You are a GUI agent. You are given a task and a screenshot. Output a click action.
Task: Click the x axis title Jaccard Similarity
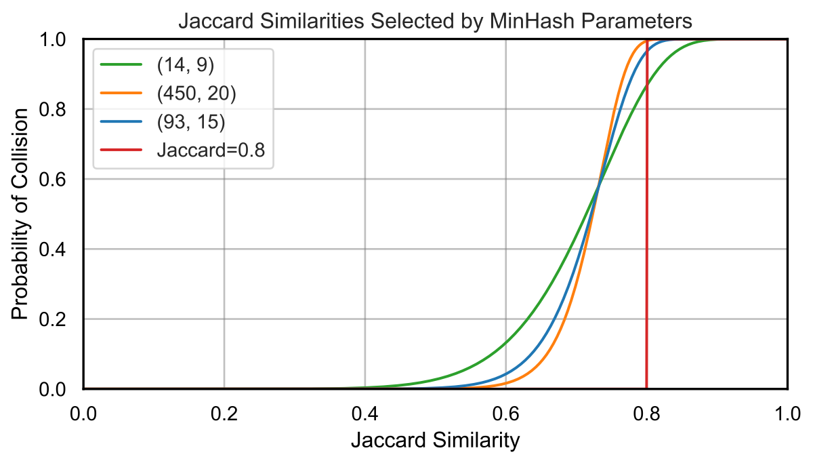(435, 441)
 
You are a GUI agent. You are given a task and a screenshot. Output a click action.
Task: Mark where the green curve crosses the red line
(646, 84)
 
